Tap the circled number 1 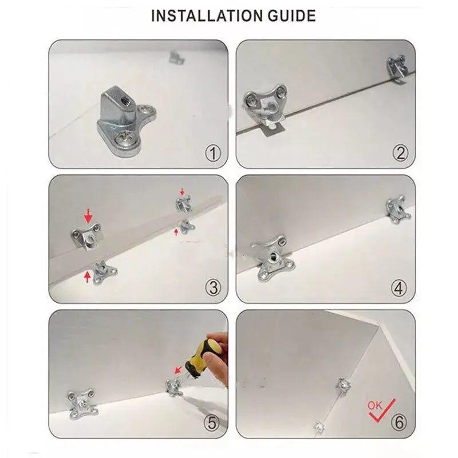click(213, 153)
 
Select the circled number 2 click(400, 153)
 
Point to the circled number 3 click(213, 288)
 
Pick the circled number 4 click(400, 288)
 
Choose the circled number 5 click(213, 423)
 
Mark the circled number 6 click(400, 423)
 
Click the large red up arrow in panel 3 click(87, 278)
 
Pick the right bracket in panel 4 click(398, 211)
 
